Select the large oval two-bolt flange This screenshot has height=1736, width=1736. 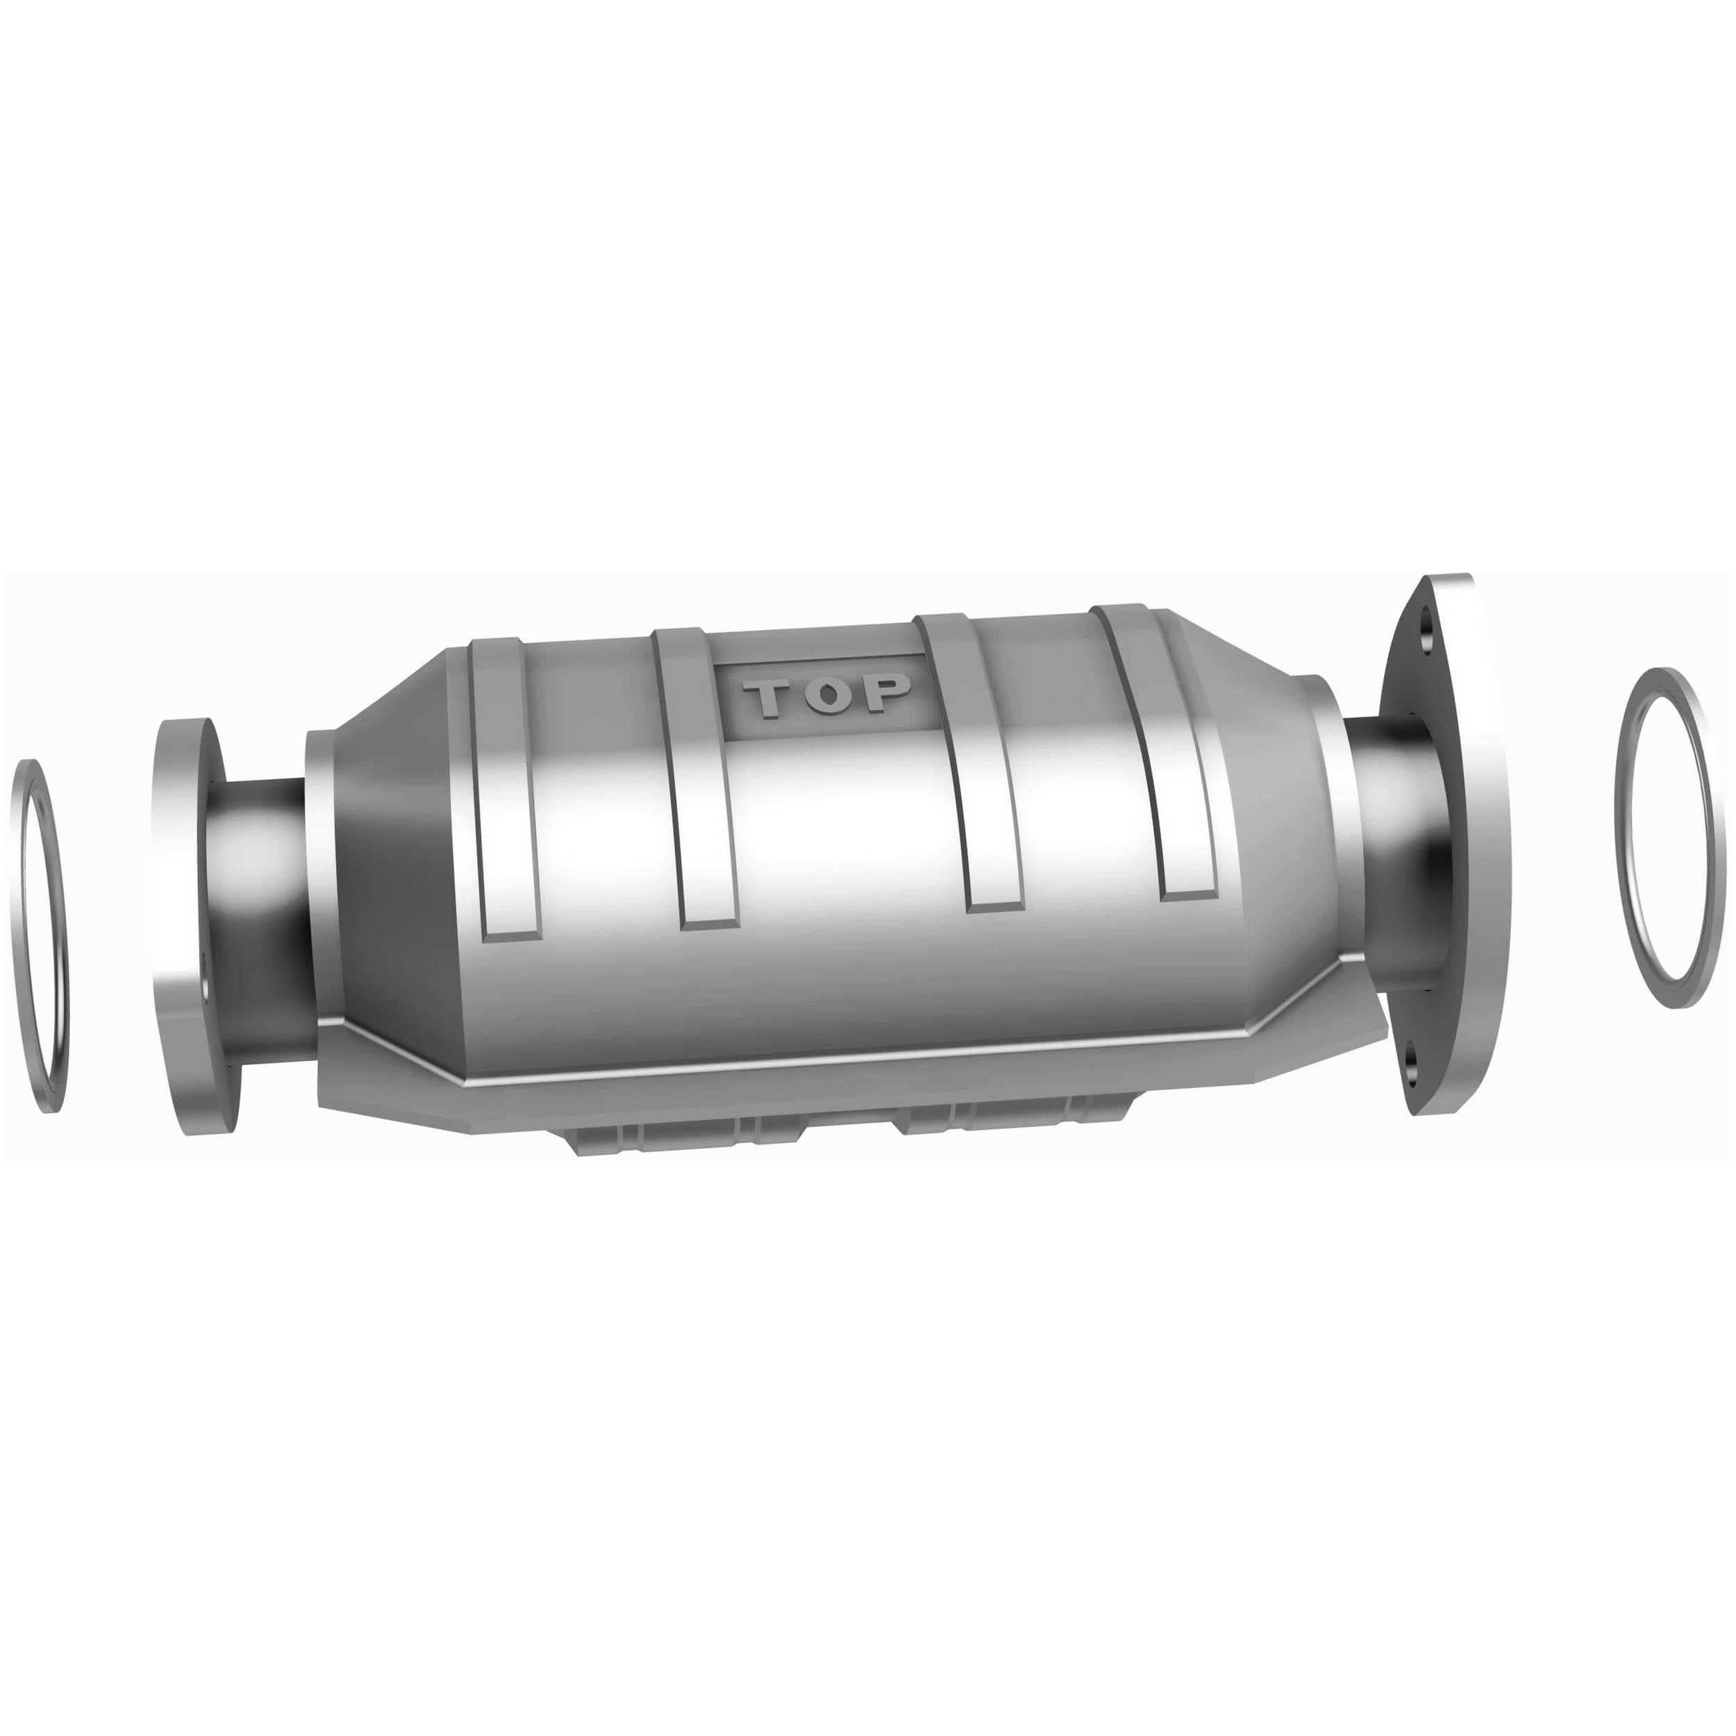tap(1460, 844)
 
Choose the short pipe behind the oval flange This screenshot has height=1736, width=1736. tap(1388, 844)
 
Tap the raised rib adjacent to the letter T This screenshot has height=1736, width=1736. tap(701, 782)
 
